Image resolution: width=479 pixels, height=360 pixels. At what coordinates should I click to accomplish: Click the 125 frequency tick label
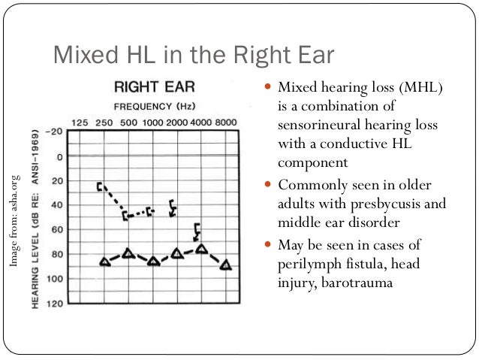(x=80, y=122)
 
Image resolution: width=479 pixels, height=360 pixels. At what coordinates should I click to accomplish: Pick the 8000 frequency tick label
(x=224, y=122)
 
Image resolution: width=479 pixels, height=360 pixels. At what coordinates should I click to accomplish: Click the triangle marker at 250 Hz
(x=104, y=261)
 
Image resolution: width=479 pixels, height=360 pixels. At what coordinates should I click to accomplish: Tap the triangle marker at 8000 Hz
(x=226, y=265)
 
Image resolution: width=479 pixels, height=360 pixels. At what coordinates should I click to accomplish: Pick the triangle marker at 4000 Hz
(x=201, y=248)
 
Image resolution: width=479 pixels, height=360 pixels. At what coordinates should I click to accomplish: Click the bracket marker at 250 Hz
(x=100, y=186)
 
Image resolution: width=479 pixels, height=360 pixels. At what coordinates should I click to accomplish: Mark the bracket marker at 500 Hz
(x=126, y=216)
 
